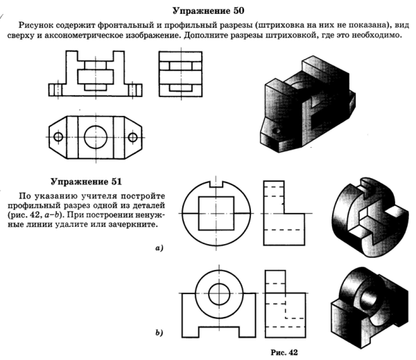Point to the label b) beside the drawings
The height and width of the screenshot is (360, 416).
(x=160, y=334)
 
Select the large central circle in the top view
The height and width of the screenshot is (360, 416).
(x=96, y=135)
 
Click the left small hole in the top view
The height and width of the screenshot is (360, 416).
(x=58, y=135)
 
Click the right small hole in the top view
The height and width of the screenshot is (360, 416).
(x=134, y=135)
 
